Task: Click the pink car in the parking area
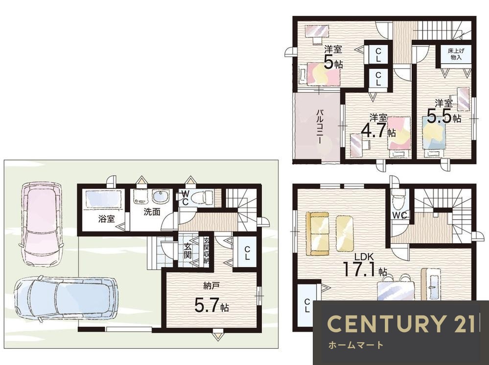(x=42, y=224)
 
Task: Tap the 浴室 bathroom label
(x=107, y=219)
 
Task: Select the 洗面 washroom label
(x=152, y=212)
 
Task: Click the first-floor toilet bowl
(x=201, y=198)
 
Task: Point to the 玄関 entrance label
(x=187, y=251)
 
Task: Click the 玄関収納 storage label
(x=207, y=251)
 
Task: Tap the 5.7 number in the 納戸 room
(x=206, y=304)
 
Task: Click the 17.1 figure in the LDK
(x=360, y=269)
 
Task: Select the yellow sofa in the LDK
(x=318, y=234)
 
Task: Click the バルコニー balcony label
(x=320, y=126)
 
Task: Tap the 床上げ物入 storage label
(x=455, y=54)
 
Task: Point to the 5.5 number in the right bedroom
(x=439, y=116)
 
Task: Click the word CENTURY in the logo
(x=385, y=323)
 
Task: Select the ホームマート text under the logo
(x=355, y=345)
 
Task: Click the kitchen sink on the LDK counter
(x=433, y=279)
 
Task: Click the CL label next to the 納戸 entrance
(x=247, y=252)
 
